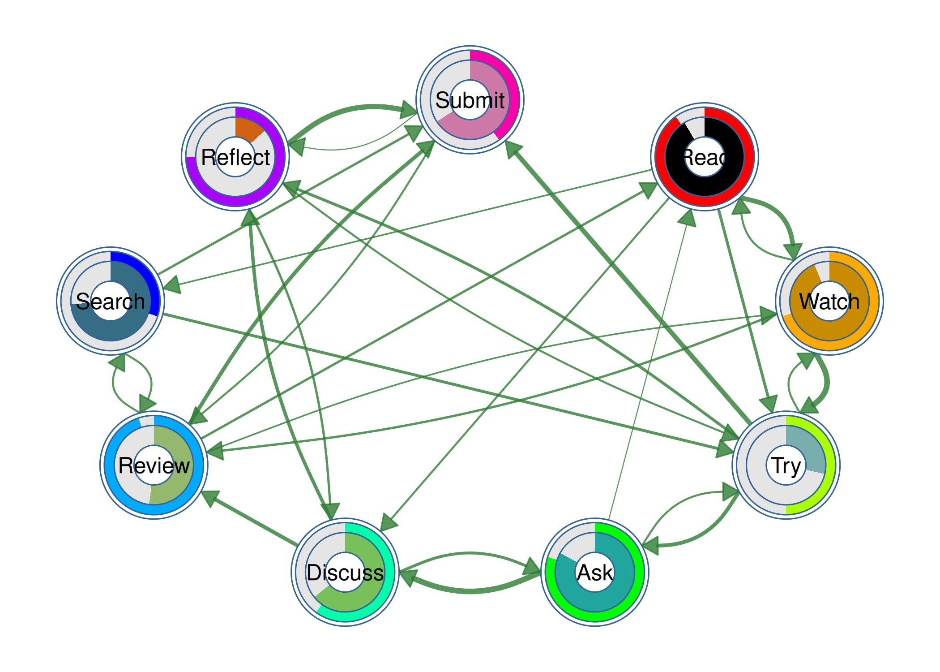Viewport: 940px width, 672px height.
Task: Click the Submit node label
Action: click(x=470, y=100)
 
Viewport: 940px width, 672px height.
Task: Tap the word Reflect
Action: click(x=235, y=157)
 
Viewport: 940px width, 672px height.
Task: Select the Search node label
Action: click(x=110, y=301)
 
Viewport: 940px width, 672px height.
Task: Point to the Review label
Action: click(x=154, y=465)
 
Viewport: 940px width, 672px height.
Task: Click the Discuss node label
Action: click(x=345, y=573)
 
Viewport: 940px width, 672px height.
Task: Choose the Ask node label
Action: click(x=595, y=573)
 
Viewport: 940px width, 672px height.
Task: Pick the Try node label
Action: click(x=786, y=465)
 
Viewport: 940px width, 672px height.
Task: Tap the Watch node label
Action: click(x=829, y=301)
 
